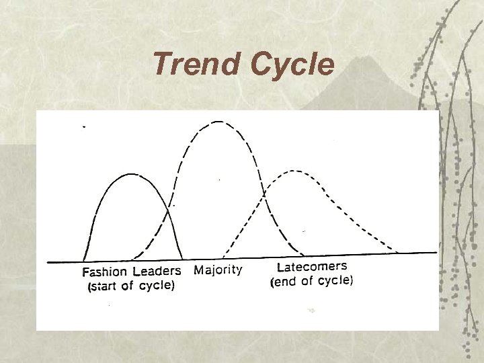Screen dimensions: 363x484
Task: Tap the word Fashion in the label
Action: tap(105, 272)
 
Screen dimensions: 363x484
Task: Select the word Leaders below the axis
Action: tap(157, 272)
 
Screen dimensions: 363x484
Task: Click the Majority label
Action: tap(218, 270)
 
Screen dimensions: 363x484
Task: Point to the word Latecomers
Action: tap(312, 267)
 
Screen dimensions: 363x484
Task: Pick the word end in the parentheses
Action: tap(285, 282)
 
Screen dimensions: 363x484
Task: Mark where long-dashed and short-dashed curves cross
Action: tap(265, 194)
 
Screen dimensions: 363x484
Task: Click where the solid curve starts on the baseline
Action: tap(83, 261)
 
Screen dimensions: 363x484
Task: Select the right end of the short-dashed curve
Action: tap(398, 253)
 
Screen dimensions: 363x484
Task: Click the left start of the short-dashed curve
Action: tap(219, 257)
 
